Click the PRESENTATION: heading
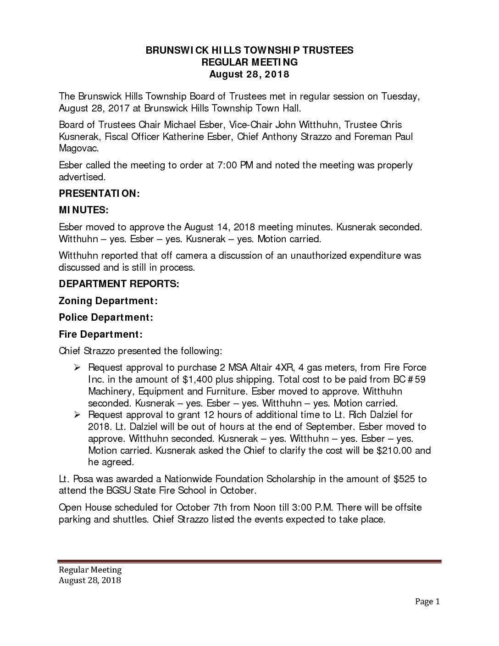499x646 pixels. [x=99, y=194]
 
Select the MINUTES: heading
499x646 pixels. [x=83, y=210]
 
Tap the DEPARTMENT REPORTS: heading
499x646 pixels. [x=119, y=284]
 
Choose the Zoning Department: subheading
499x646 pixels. [x=108, y=301]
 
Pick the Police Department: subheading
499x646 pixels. [x=106, y=317]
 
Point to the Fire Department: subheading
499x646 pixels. [x=100, y=334]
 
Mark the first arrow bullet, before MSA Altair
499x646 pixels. [x=77, y=368]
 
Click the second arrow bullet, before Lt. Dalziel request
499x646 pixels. [x=77, y=415]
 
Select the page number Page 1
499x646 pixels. [x=427, y=601]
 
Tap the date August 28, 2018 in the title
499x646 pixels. [x=249, y=74]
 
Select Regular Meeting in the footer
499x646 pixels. [x=90, y=570]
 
